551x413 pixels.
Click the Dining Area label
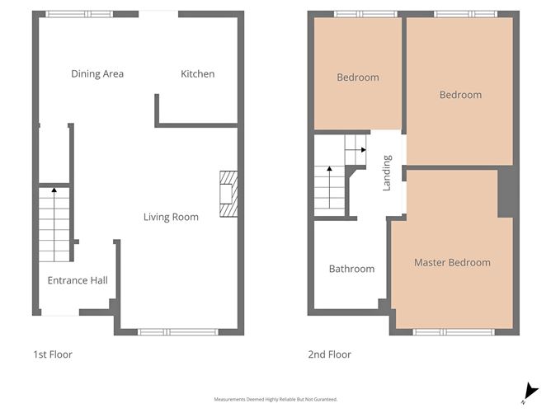(97, 74)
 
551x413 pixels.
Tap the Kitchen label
(198, 74)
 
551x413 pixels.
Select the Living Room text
(171, 218)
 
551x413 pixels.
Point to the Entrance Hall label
(78, 280)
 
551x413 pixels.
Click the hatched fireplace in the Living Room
(228, 194)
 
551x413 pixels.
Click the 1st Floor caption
(53, 354)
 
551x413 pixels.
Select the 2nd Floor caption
(329, 354)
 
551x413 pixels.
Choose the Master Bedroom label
(452, 263)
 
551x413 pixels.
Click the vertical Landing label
(387, 175)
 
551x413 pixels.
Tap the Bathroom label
(351, 269)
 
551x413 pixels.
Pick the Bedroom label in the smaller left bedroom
(358, 77)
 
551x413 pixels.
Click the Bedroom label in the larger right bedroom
(460, 95)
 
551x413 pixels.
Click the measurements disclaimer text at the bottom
(275, 399)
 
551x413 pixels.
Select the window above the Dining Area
(79, 14)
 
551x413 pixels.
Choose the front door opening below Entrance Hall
(60, 313)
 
